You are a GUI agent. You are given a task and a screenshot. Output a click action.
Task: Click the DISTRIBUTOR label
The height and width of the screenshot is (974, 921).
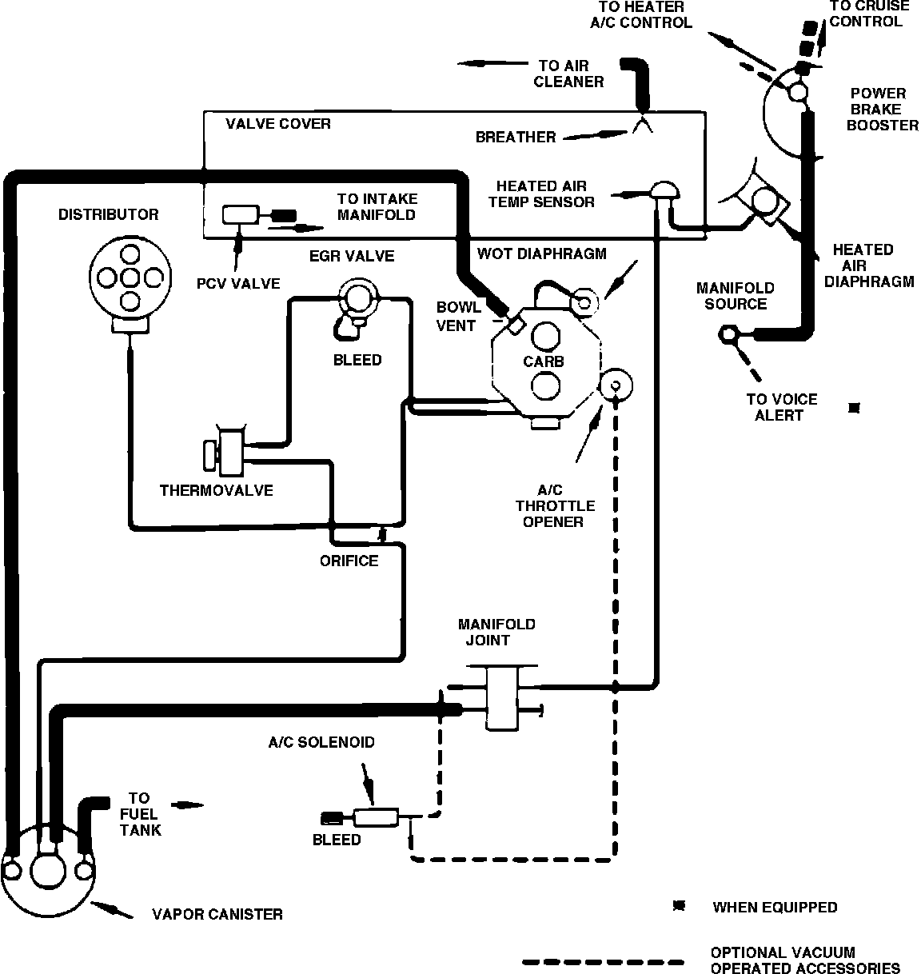109,214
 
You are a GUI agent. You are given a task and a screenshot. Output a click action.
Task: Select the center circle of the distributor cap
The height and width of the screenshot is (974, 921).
130,277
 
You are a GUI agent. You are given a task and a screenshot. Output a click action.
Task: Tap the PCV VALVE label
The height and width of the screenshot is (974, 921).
238,284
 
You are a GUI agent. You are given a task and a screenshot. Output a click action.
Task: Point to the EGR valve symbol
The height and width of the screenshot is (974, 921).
358,299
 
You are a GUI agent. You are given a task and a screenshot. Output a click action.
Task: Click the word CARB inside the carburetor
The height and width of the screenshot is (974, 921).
544,361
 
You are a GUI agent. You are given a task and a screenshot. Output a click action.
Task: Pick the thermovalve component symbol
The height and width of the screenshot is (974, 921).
225,453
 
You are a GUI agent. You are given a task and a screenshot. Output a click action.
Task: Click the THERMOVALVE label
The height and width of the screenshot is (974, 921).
217,490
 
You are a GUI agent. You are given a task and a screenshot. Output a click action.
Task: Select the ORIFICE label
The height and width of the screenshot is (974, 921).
349,561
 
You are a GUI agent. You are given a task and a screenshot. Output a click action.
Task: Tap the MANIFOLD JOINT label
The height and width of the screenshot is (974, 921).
496,632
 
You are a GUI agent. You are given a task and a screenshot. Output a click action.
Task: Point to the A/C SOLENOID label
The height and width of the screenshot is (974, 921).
321,742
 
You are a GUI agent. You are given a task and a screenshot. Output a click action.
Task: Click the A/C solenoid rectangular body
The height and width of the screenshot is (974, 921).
376,818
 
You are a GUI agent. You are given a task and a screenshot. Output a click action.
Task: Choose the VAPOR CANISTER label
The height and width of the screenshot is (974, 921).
217,914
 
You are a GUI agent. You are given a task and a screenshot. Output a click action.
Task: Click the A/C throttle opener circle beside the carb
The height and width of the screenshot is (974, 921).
616,385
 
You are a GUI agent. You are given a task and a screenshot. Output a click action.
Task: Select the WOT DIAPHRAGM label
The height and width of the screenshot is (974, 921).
541,253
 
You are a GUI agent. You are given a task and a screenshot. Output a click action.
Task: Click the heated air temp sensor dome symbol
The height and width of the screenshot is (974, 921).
664,190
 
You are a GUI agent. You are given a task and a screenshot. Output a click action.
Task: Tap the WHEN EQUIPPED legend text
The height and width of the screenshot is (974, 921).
775,907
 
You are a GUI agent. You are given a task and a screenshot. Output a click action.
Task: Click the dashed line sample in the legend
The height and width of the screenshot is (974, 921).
603,963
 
